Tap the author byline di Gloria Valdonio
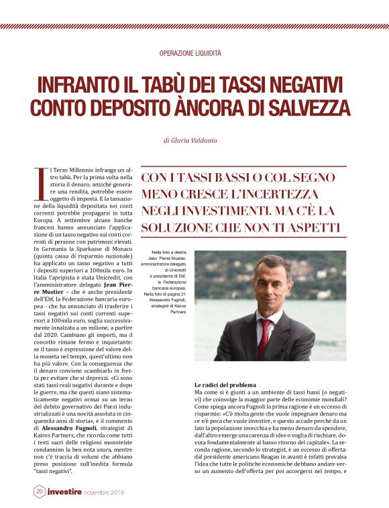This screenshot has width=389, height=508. (194, 142)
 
